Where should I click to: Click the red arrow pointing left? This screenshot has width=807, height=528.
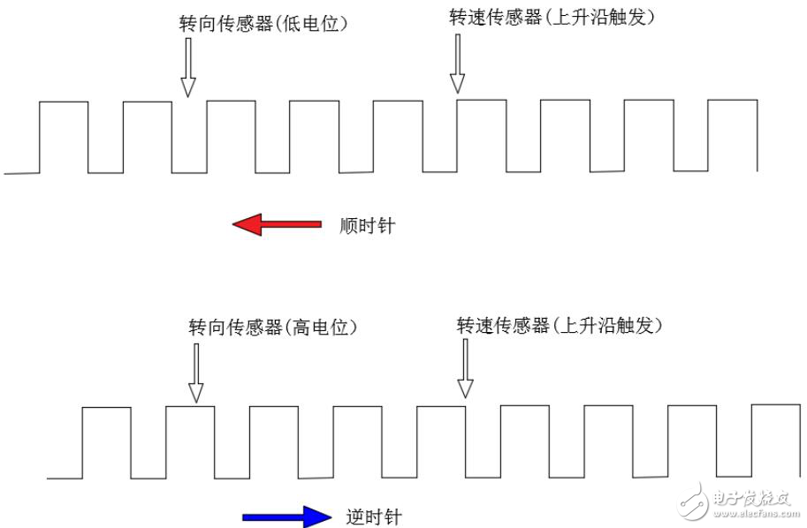(x=277, y=225)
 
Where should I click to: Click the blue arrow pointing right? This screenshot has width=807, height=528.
(x=286, y=516)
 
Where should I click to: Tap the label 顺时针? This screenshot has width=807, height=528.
(x=368, y=226)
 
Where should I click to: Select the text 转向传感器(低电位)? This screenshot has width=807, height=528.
(x=263, y=23)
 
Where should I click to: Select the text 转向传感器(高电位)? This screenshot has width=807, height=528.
(x=272, y=327)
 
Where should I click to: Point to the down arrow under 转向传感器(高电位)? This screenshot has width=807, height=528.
(x=196, y=373)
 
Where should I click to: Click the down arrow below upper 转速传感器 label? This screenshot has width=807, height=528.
(x=457, y=69)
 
